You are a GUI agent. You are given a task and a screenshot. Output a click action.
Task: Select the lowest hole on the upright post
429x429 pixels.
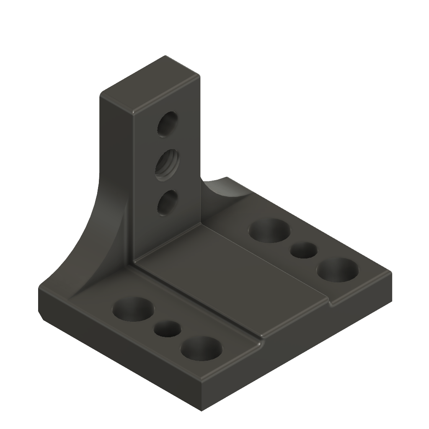point(167,204)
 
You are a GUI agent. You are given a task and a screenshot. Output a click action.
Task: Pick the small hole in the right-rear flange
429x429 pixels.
point(304,250)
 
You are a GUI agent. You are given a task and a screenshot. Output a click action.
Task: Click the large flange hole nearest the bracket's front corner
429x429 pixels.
point(202,348)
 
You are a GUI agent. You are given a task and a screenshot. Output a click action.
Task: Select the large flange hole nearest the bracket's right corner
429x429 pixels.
point(337,270)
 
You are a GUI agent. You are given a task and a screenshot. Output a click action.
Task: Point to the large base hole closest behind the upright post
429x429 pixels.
point(270,231)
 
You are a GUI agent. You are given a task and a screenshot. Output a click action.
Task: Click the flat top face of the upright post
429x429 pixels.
point(150,84)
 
